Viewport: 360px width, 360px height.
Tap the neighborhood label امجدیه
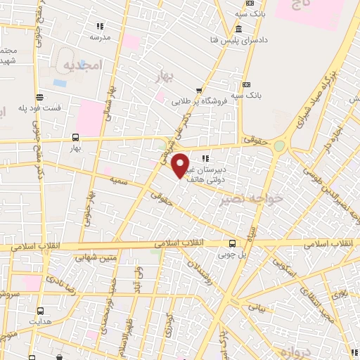tap(83, 65)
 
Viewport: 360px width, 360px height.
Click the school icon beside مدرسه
tap(98, 26)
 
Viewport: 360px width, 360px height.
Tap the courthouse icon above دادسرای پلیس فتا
tap(238, 30)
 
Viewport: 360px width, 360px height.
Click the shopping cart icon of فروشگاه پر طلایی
tap(199, 90)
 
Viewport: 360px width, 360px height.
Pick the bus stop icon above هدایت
tap(39, 310)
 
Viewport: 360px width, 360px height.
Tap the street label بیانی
tap(259, 307)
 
